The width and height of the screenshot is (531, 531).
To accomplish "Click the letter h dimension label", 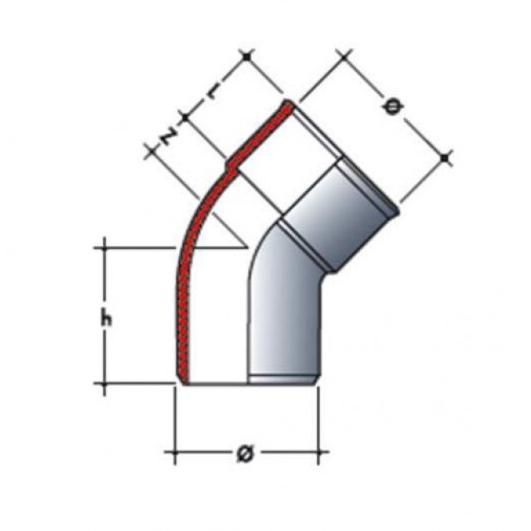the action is pyautogui.click(x=106, y=319).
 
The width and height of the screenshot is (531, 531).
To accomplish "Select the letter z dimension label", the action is pyautogui.click(x=168, y=136).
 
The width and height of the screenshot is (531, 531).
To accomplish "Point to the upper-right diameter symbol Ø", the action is pyautogui.click(x=392, y=107).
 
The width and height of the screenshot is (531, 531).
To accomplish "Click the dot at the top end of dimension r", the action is pyautogui.click(x=247, y=56).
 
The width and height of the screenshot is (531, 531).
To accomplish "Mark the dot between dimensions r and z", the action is pyautogui.click(x=185, y=118).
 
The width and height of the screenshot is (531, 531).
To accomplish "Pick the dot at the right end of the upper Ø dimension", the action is pyautogui.click(x=444, y=158).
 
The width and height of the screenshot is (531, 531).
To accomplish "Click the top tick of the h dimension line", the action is pyautogui.click(x=104, y=248).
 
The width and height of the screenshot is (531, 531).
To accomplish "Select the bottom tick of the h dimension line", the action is pyautogui.click(x=104, y=384).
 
